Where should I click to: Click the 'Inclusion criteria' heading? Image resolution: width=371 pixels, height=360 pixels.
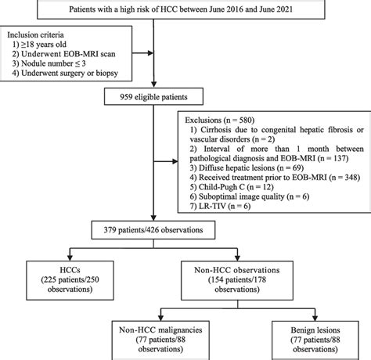41,35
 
